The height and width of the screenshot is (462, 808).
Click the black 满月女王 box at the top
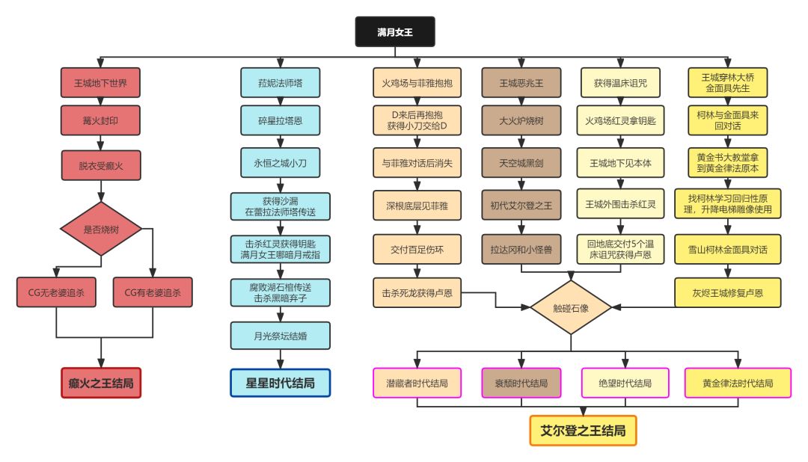pos(394,32)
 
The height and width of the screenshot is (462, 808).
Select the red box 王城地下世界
pos(100,83)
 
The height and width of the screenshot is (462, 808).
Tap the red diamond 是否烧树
pos(100,230)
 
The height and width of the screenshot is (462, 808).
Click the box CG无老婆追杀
pos(56,292)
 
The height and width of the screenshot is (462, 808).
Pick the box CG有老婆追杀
pos(153,292)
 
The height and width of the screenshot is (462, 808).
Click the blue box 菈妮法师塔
pos(280,83)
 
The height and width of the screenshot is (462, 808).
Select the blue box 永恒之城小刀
pos(280,161)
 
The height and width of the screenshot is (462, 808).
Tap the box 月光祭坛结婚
pos(280,336)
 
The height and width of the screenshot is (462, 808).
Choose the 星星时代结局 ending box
pos(280,383)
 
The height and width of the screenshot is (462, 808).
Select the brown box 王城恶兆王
pos(521,83)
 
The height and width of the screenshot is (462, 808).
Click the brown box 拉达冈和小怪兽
pos(521,249)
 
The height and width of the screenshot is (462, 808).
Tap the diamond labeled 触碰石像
pos(571,307)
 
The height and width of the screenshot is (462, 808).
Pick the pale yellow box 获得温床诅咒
pos(619,83)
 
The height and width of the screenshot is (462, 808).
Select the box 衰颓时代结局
pos(521,383)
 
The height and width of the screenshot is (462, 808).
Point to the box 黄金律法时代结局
pos(738,383)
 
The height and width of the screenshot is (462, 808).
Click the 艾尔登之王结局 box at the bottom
pos(583,431)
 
